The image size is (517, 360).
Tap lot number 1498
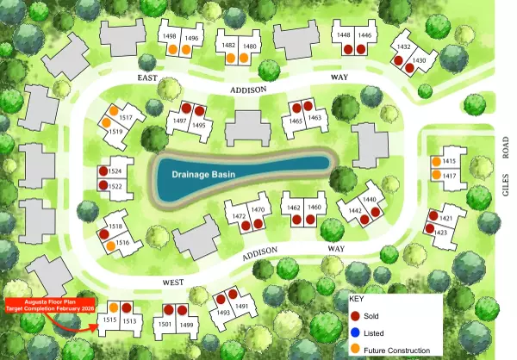(x=170, y=36)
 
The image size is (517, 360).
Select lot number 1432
(x=403, y=47)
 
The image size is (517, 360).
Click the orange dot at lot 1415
(x=437, y=161)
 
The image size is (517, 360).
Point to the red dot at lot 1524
(x=104, y=172)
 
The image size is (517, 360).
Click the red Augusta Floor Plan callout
(x=45, y=303)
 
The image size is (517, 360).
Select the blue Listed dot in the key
(x=356, y=332)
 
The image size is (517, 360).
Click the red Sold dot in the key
(x=356, y=316)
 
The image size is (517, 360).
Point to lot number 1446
(x=364, y=35)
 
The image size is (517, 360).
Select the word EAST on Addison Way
(x=149, y=78)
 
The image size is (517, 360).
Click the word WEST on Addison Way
(x=175, y=282)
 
